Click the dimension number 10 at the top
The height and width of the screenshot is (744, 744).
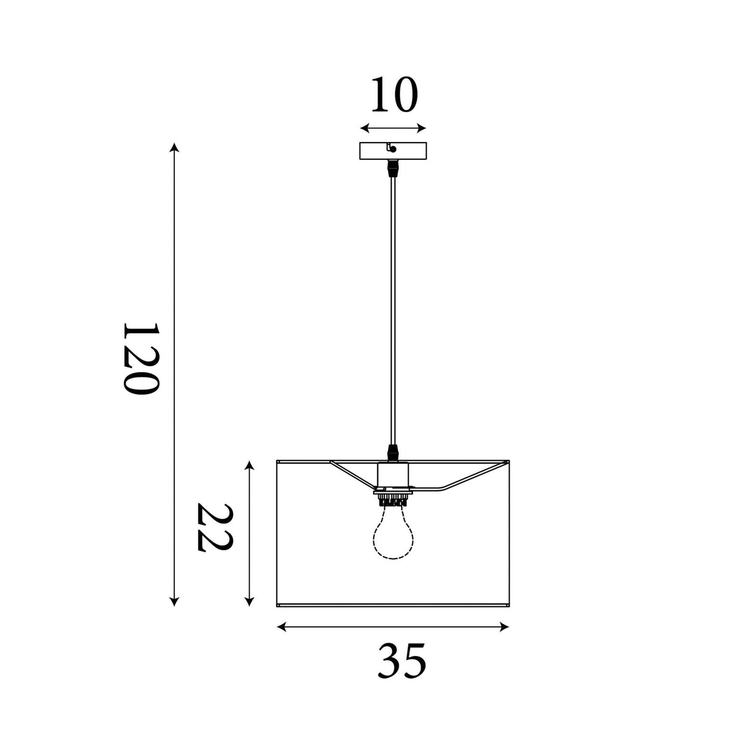(x=394, y=94)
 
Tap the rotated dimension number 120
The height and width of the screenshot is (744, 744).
(x=141, y=358)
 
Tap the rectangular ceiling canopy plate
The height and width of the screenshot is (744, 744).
(x=393, y=151)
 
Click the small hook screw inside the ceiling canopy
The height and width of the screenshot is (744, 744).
(x=391, y=148)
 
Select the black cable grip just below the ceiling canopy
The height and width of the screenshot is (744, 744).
(x=393, y=169)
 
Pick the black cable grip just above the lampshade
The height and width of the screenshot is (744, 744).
(x=393, y=453)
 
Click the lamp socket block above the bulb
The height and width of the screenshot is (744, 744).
(x=393, y=476)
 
